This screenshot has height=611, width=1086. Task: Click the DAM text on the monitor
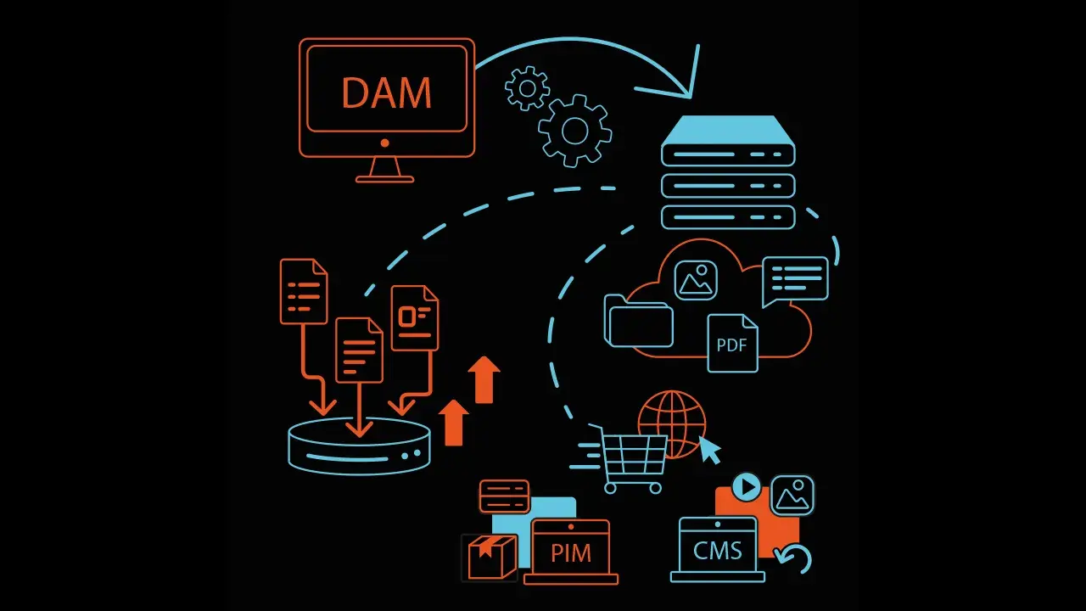click(386, 92)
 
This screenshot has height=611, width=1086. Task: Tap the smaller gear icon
click(527, 87)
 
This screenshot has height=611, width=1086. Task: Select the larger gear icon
click(574, 130)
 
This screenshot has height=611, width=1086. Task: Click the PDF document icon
click(732, 344)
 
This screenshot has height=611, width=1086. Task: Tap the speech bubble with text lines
click(795, 279)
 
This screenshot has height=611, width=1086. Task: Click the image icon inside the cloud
click(696, 279)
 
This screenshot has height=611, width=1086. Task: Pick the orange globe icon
click(672, 422)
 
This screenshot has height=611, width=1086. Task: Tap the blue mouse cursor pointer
click(709, 450)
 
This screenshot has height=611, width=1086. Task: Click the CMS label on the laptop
click(717, 550)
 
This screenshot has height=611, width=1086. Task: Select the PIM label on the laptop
click(571, 553)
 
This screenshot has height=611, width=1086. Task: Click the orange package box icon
click(491, 558)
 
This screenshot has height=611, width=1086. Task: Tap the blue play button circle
click(747, 487)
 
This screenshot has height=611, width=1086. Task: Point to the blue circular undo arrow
click(795, 559)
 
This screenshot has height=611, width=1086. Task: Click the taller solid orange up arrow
click(484, 379)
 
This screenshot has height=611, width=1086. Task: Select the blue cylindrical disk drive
click(359, 446)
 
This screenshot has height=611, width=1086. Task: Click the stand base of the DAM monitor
click(385, 178)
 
